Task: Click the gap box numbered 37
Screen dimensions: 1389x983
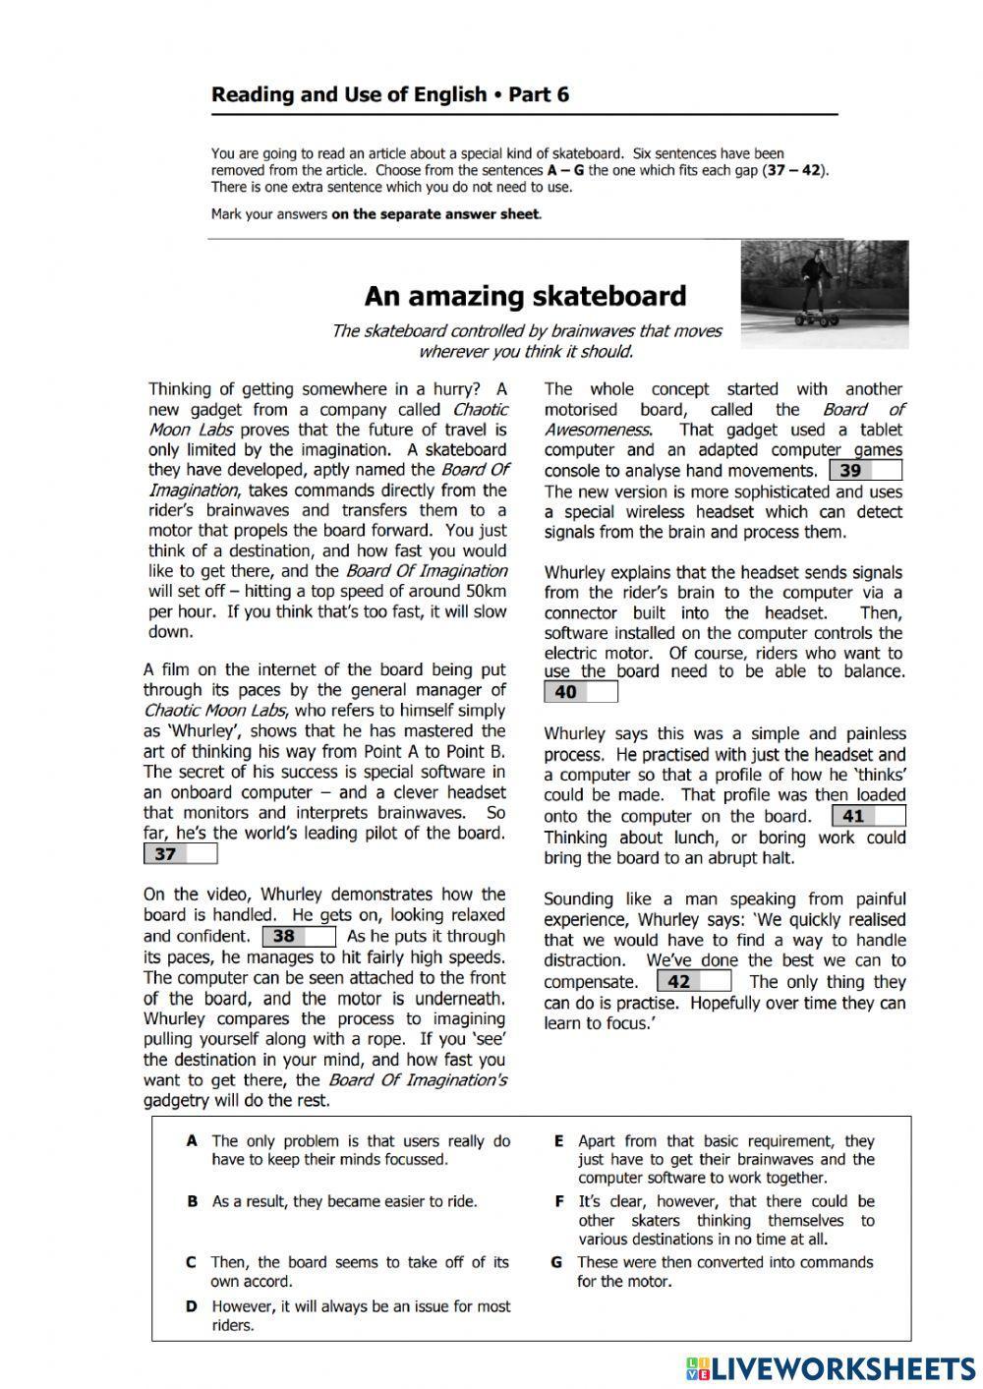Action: [180, 854]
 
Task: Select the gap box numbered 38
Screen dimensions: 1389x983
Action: [299, 937]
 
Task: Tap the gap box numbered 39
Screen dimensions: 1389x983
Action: [865, 471]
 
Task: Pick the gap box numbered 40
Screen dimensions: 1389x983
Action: [580, 692]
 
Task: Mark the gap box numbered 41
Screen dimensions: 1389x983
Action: [868, 816]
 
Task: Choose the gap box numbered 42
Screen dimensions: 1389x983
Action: [694, 981]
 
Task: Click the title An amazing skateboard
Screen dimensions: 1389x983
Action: [525, 296]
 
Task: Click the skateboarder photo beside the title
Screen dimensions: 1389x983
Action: [824, 294]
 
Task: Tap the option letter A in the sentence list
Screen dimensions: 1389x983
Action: [192, 1141]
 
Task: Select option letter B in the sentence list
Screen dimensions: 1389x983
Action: [192, 1201]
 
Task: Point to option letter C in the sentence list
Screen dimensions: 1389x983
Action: [191, 1262]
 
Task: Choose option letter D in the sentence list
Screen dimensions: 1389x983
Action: [192, 1306]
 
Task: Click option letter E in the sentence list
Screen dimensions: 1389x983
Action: [558, 1141]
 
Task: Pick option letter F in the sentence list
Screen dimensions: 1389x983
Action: [558, 1201]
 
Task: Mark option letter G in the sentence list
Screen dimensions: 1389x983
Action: [557, 1262]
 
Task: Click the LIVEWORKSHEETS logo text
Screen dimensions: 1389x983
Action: [840, 1367]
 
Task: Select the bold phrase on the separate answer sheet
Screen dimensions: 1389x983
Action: [435, 213]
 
